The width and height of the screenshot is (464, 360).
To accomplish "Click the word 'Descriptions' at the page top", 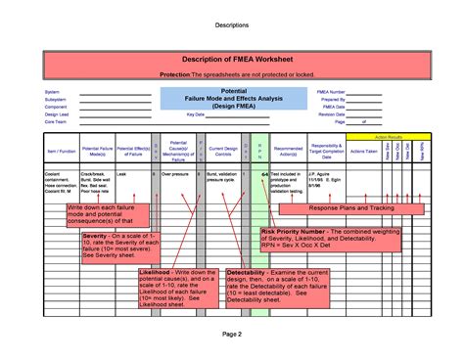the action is [232, 22].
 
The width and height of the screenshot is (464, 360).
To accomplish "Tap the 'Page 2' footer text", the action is [232, 334].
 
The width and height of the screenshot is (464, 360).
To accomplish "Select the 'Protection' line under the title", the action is [232, 75].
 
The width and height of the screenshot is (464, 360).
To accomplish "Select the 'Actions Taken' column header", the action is [364, 153].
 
